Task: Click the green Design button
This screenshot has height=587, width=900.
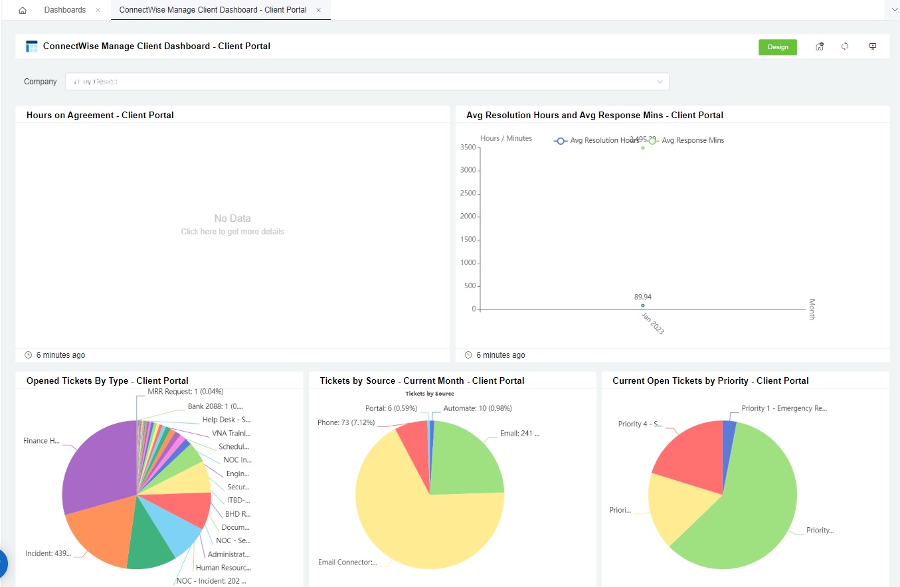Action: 778,47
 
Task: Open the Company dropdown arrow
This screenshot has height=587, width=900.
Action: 660,82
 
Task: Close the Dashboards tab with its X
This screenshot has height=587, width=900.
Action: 98,10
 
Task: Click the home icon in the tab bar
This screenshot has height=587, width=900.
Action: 23,11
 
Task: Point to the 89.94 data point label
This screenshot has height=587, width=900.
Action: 642,297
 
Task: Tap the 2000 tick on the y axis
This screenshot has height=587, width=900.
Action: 468,216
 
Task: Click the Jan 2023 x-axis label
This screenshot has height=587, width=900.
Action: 652,323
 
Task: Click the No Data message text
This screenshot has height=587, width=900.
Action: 232,218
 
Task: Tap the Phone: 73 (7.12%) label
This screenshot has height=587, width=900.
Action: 346,422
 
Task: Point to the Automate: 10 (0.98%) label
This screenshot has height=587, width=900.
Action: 478,408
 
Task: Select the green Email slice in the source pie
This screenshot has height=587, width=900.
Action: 468,458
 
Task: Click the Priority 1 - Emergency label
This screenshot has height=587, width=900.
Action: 784,408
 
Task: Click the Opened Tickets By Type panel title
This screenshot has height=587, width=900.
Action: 108,380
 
